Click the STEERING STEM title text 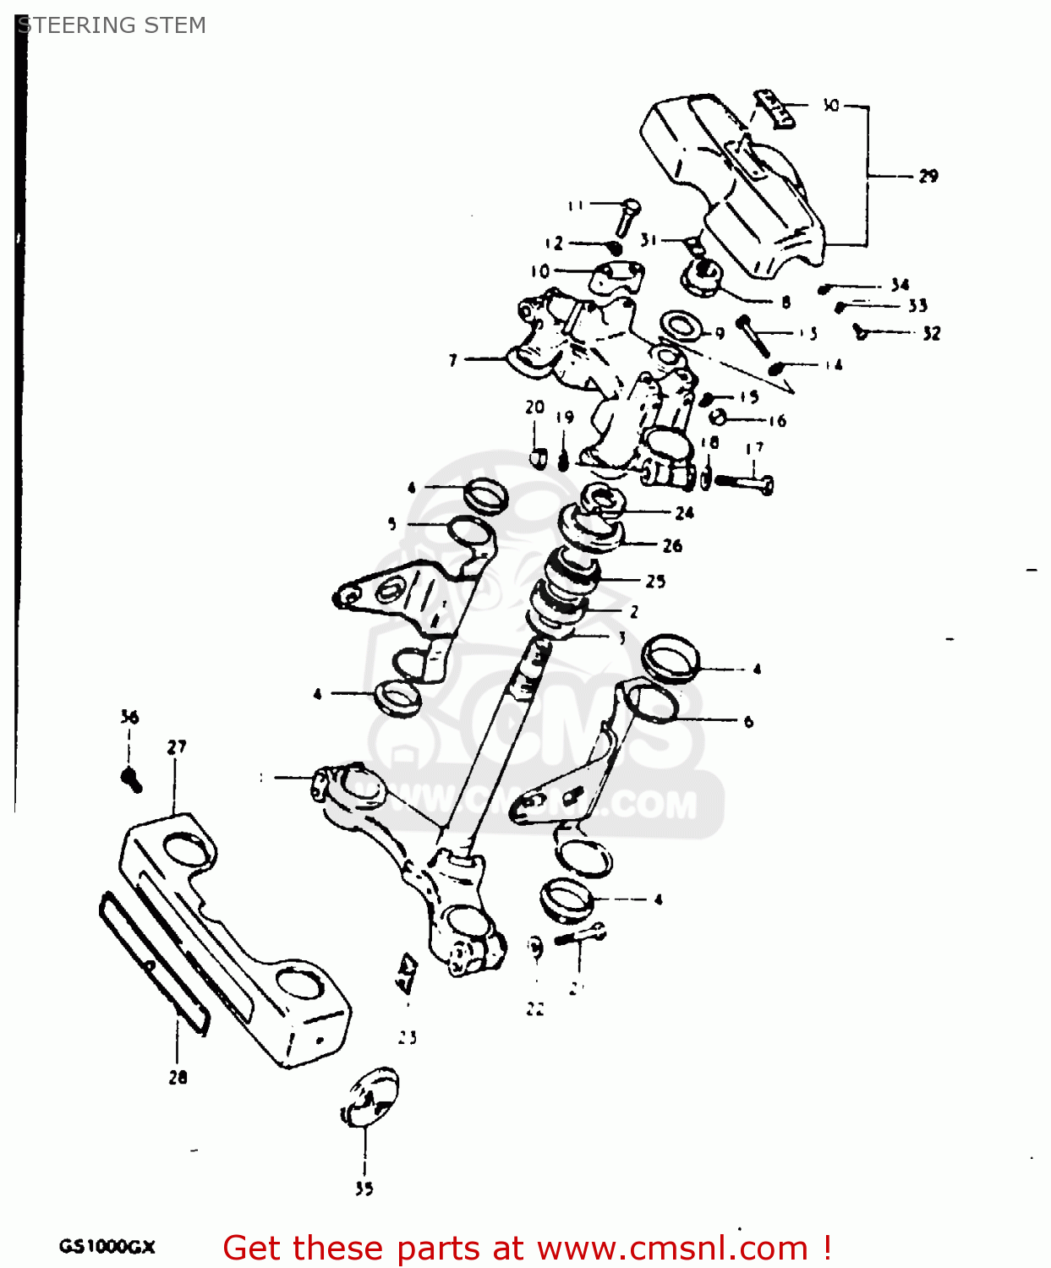point(112,25)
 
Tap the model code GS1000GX point(107,1246)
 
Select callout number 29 point(928,176)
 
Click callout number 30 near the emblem point(830,105)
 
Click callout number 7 point(453,360)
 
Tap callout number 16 point(777,420)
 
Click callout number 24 point(684,512)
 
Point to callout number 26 point(672,545)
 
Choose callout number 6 point(748,721)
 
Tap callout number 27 point(176,746)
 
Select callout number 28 point(178,1077)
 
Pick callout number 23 point(408,1037)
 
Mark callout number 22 point(534,1008)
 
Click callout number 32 point(931,333)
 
